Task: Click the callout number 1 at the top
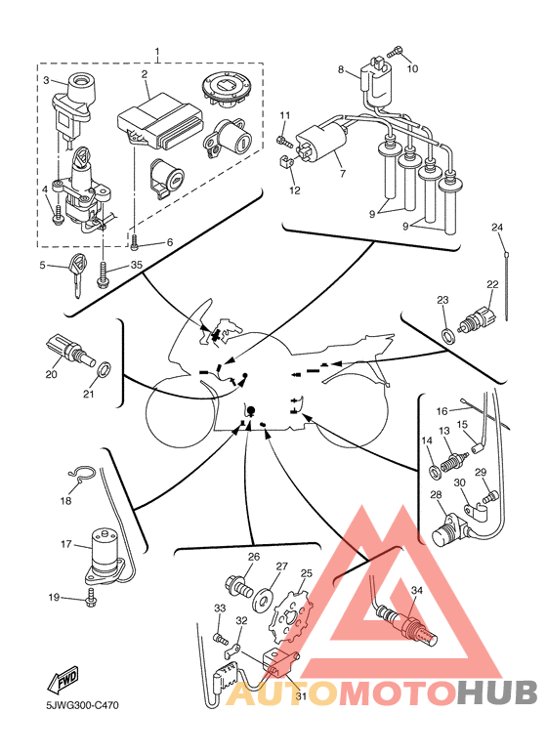(x=157, y=51)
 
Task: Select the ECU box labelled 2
(x=160, y=120)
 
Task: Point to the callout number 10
(x=412, y=68)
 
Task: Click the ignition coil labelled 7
(x=321, y=141)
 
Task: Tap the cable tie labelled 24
(x=506, y=284)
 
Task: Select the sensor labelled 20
(x=70, y=353)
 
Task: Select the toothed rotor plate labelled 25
(x=291, y=614)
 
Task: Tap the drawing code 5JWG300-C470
(x=82, y=706)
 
